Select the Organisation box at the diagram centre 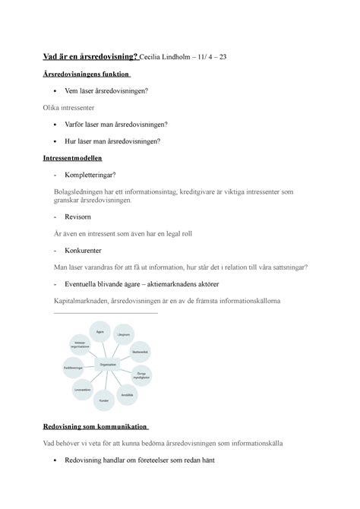click(107, 365)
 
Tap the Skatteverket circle click(139, 353)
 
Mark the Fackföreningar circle click(74, 368)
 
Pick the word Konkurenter click(88, 249)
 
